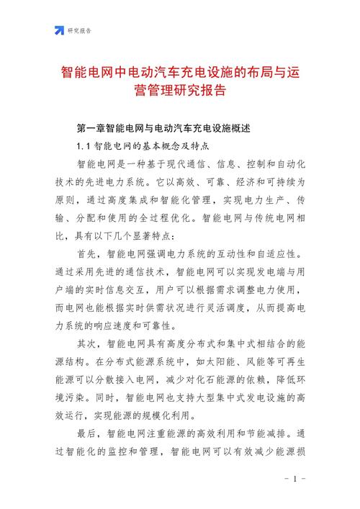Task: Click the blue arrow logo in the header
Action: (x=58, y=30)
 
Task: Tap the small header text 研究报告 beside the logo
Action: (x=80, y=31)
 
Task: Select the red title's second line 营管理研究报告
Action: (x=180, y=91)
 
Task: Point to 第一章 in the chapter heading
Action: (x=91, y=129)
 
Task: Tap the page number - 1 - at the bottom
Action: (x=295, y=479)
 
